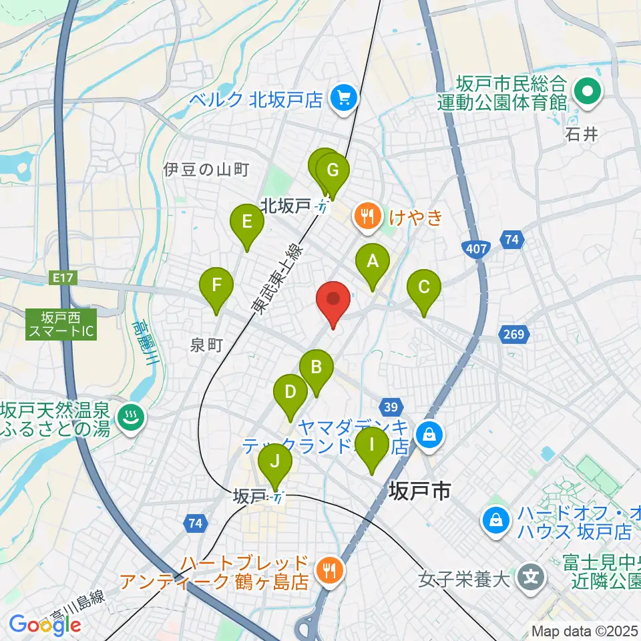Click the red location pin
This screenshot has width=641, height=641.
333,302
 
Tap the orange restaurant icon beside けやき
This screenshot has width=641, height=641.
367,216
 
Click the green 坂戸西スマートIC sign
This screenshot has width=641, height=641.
61,324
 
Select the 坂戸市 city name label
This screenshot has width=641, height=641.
418,493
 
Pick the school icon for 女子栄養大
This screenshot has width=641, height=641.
531,574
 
